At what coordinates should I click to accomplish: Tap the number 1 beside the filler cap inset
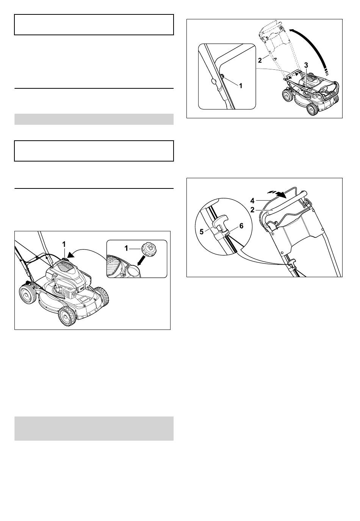tap(127, 248)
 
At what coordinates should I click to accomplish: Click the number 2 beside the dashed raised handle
tap(260, 60)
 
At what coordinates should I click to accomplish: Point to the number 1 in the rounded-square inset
tap(241, 86)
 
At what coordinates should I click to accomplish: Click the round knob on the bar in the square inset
tap(213, 82)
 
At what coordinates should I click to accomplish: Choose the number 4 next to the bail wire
tap(253, 200)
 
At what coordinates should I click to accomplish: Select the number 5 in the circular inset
tap(202, 232)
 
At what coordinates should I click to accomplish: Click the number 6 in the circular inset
tap(241, 226)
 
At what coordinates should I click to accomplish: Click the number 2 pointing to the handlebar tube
tap(252, 210)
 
